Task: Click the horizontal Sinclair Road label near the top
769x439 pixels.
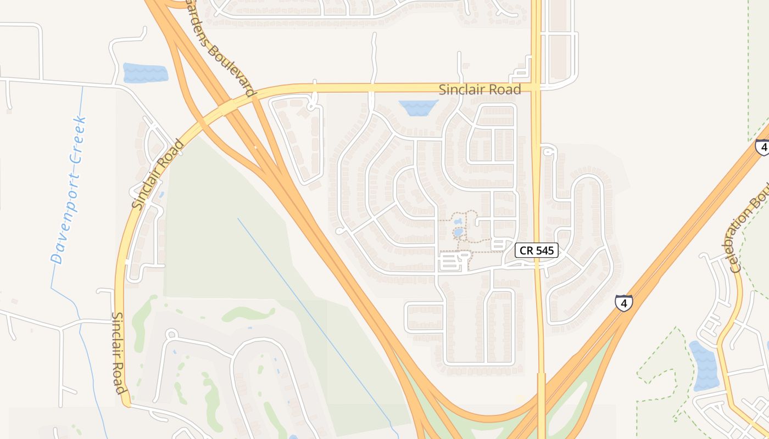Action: click(480, 89)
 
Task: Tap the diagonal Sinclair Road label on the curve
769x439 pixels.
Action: click(158, 175)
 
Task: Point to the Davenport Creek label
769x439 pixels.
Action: click(68, 190)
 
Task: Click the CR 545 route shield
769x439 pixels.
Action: click(537, 251)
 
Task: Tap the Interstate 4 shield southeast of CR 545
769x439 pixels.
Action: click(623, 303)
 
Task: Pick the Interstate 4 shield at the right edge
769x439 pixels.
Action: click(762, 147)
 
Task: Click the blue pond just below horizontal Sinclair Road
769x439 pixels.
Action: click(418, 108)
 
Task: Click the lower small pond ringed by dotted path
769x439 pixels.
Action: click(457, 232)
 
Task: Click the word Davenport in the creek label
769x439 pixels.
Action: click(62, 222)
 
